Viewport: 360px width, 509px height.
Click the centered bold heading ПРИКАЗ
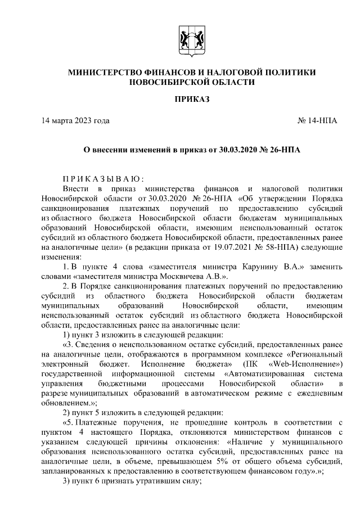click(x=191, y=99)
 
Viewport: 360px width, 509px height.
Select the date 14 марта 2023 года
click(x=75, y=121)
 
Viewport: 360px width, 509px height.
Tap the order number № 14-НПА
click(x=317, y=121)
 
